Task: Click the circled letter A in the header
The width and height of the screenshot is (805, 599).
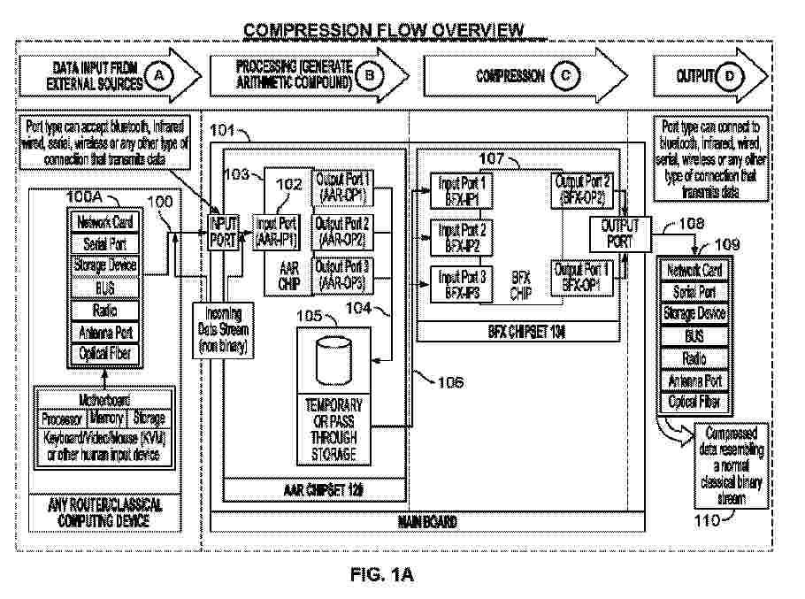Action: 160,77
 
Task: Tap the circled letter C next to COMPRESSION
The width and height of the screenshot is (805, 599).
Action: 564,77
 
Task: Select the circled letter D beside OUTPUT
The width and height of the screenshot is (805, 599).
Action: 728,77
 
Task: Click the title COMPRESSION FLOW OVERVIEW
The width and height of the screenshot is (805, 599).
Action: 384,31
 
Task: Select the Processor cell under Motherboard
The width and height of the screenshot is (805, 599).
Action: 63,418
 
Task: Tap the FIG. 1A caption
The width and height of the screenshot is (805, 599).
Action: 383,576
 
